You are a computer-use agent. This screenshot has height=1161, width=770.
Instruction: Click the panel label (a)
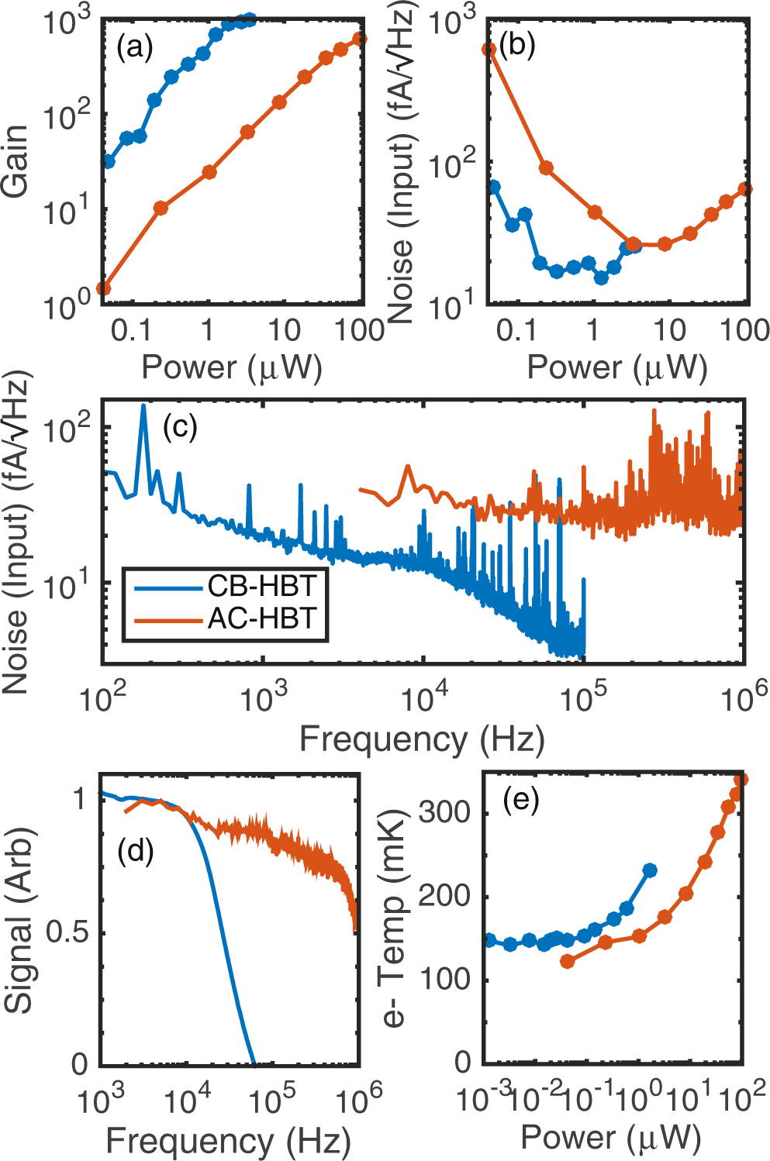[134, 48]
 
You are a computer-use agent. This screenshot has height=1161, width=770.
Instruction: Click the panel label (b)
[517, 46]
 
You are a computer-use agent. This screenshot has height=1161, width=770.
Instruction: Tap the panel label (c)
[180, 426]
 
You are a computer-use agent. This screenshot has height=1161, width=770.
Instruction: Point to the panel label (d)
[135, 850]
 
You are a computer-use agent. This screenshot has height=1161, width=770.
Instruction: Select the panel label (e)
[520, 798]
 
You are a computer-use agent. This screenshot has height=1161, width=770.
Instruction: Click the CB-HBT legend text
[262, 586]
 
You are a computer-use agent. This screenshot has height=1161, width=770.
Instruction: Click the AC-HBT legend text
[262, 618]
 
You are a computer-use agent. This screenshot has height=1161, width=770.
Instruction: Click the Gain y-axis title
[16, 160]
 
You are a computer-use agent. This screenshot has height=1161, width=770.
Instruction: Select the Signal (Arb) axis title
[19, 921]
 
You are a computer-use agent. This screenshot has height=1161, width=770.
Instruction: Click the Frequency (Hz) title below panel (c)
[422, 739]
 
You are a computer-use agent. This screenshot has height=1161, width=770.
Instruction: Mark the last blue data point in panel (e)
[650, 870]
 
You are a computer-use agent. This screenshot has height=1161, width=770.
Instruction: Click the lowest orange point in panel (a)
[103, 289]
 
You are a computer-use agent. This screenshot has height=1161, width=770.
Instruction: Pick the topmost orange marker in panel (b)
[489, 50]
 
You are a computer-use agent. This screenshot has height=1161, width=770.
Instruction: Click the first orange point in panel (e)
[568, 961]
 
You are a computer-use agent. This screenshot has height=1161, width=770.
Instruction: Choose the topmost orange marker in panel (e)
[741, 780]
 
